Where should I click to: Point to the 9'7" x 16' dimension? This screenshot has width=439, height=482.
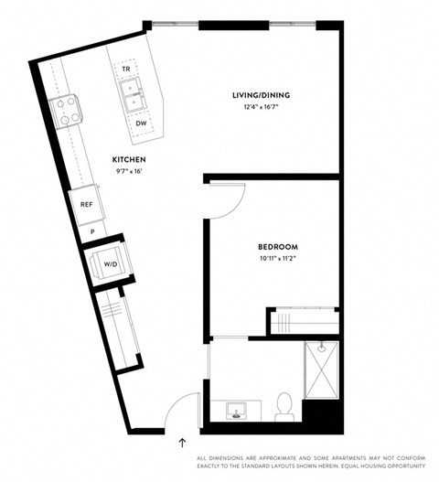pos(128,170)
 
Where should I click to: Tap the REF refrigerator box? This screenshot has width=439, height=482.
pos(87,205)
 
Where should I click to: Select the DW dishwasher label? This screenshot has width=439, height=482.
pos(141,123)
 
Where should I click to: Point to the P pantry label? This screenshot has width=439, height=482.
pos(93,232)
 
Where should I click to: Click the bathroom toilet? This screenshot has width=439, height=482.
pos(284,405)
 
